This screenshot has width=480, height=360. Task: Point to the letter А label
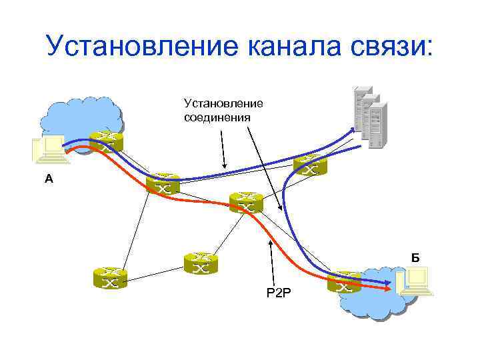point(47,179)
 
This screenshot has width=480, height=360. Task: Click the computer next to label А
point(50,150)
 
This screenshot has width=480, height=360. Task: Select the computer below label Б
point(414,283)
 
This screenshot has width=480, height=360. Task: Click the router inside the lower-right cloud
point(344,282)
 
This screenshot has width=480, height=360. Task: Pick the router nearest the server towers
point(309,165)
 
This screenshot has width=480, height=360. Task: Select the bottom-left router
point(110,277)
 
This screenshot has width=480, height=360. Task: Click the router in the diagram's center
point(246,202)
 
